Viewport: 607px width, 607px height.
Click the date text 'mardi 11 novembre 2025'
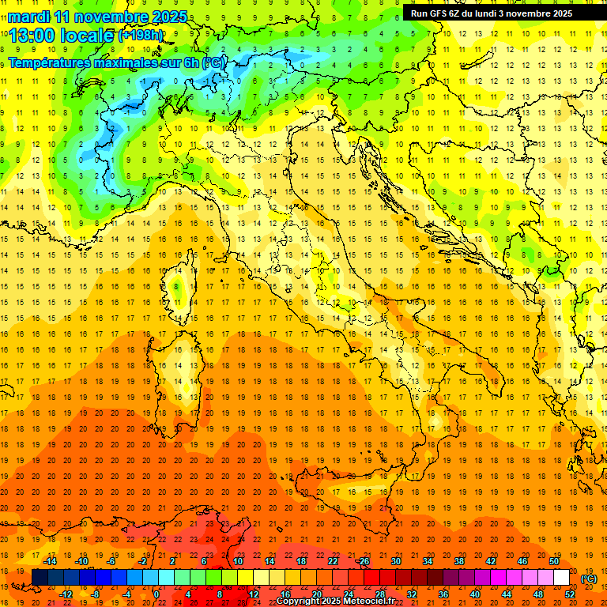pyautogui.click(x=95, y=17)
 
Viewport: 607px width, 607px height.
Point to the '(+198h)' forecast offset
pyautogui.click(x=141, y=35)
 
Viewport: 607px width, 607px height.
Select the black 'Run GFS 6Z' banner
pyautogui.click(x=498, y=13)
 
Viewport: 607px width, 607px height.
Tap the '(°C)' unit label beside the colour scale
pyautogui.click(x=589, y=579)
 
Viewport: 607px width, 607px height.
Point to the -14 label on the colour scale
pyautogui.click(x=49, y=561)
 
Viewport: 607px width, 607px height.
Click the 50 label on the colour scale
pyautogui.click(x=554, y=561)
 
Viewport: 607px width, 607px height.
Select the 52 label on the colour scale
pyautogui.click(x=570, y=594)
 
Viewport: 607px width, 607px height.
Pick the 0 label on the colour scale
pyautogui.click(x=156, y=594)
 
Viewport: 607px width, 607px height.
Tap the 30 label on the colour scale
pyautogui.click(x=396, y=561)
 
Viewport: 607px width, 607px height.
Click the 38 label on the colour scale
pyautogui.click(x=459, y=561)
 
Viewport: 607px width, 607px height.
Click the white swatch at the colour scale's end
pyautogui.click(x=562, y=577)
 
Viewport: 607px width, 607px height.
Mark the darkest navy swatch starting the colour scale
pyautogui.click(x=40, y=577)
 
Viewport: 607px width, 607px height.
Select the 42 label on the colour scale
pyautogui.click(x=491, y=561)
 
